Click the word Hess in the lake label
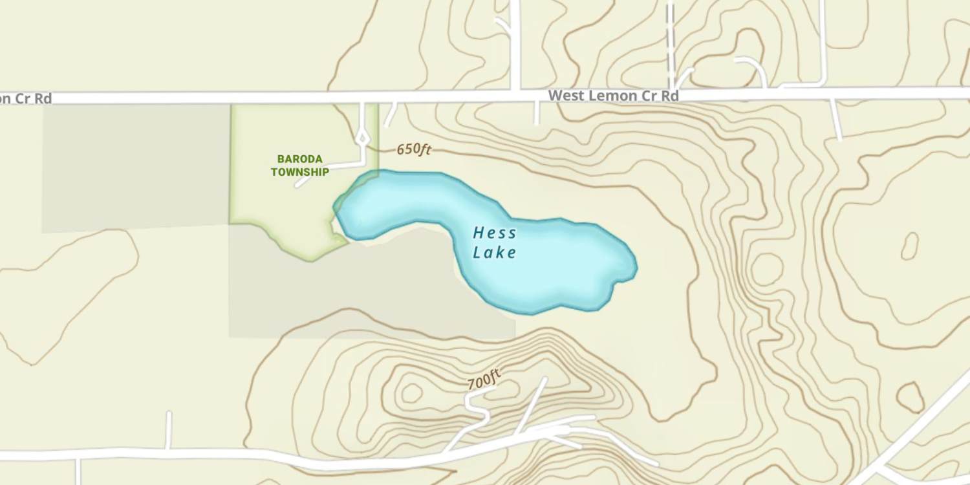tap(495, 233)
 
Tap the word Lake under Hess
tap(495, 252)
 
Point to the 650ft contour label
tap(414, 149)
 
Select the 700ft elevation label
tap(484, 379)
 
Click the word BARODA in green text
tap(299, 159)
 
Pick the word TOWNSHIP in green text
tap(299, 172)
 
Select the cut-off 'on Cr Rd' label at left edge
tap(26, 99)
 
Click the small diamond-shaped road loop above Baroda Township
tap(363, 137)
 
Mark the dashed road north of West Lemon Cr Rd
tap(671, 39)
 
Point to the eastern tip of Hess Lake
tap(636, 266)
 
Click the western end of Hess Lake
tap(336, 208)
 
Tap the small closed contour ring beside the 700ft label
tap(411, 393)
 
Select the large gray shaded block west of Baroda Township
tap(136, 167)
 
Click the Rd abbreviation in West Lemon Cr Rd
tap(669, 96)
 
